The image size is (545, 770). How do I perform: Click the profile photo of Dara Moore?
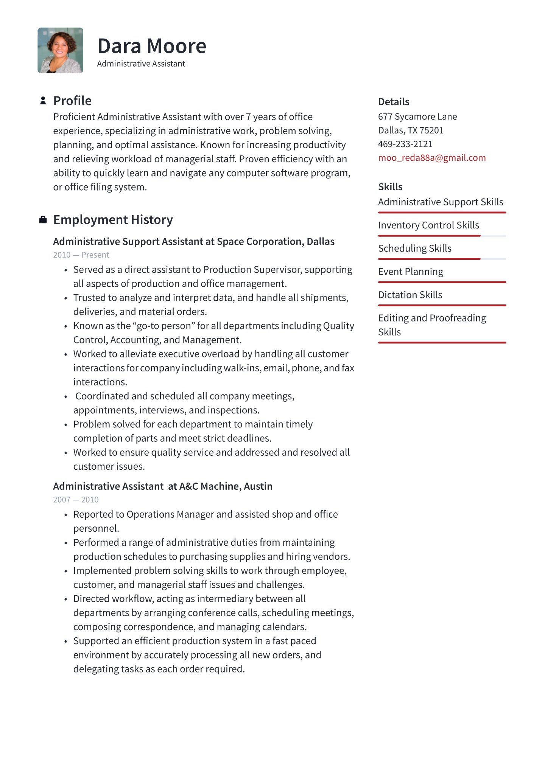pyautogui.click(x=61, y=50)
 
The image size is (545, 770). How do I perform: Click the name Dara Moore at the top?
pyautogui.click(x=152, y=46)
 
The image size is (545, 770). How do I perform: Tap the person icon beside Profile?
pyautogui.click(x=43, y=101)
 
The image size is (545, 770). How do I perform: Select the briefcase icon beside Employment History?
pyautogui.click(x=43, y=220)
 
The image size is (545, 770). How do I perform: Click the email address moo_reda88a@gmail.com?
pyautogui.click(x=432, y=158)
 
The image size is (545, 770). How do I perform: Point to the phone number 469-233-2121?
pyautogui.click(x=405, y=144)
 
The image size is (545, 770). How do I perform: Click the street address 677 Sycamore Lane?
pyautogui.click(x=417, y=116)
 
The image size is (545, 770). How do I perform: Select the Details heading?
pyautogui.click(x=394, y=102)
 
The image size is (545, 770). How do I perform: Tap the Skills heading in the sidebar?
pyautogui.click(x=390, y=187)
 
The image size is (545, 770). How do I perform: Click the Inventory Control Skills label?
pyautogui.click(x=428, y=225)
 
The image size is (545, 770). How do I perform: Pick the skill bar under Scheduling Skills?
pyautogui.click(x=442, y=259)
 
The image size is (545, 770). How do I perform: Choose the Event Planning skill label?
pyautogui.click(x=411, y=272)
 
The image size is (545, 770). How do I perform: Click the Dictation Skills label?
pyautogui.click(x=410, y=295)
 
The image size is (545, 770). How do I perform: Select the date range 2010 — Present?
pyautogui.click(x=81, y=255)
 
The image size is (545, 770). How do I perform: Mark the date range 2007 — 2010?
pyautogui.click(x=76, y=500)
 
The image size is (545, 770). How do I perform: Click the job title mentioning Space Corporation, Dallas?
pyautogui.click(x=193, y=242)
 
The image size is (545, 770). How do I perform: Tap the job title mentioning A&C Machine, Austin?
pyautogui.click(x=162, y=486)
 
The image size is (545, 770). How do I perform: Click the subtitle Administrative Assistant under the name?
pyautogui.click(x=141, y=64)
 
